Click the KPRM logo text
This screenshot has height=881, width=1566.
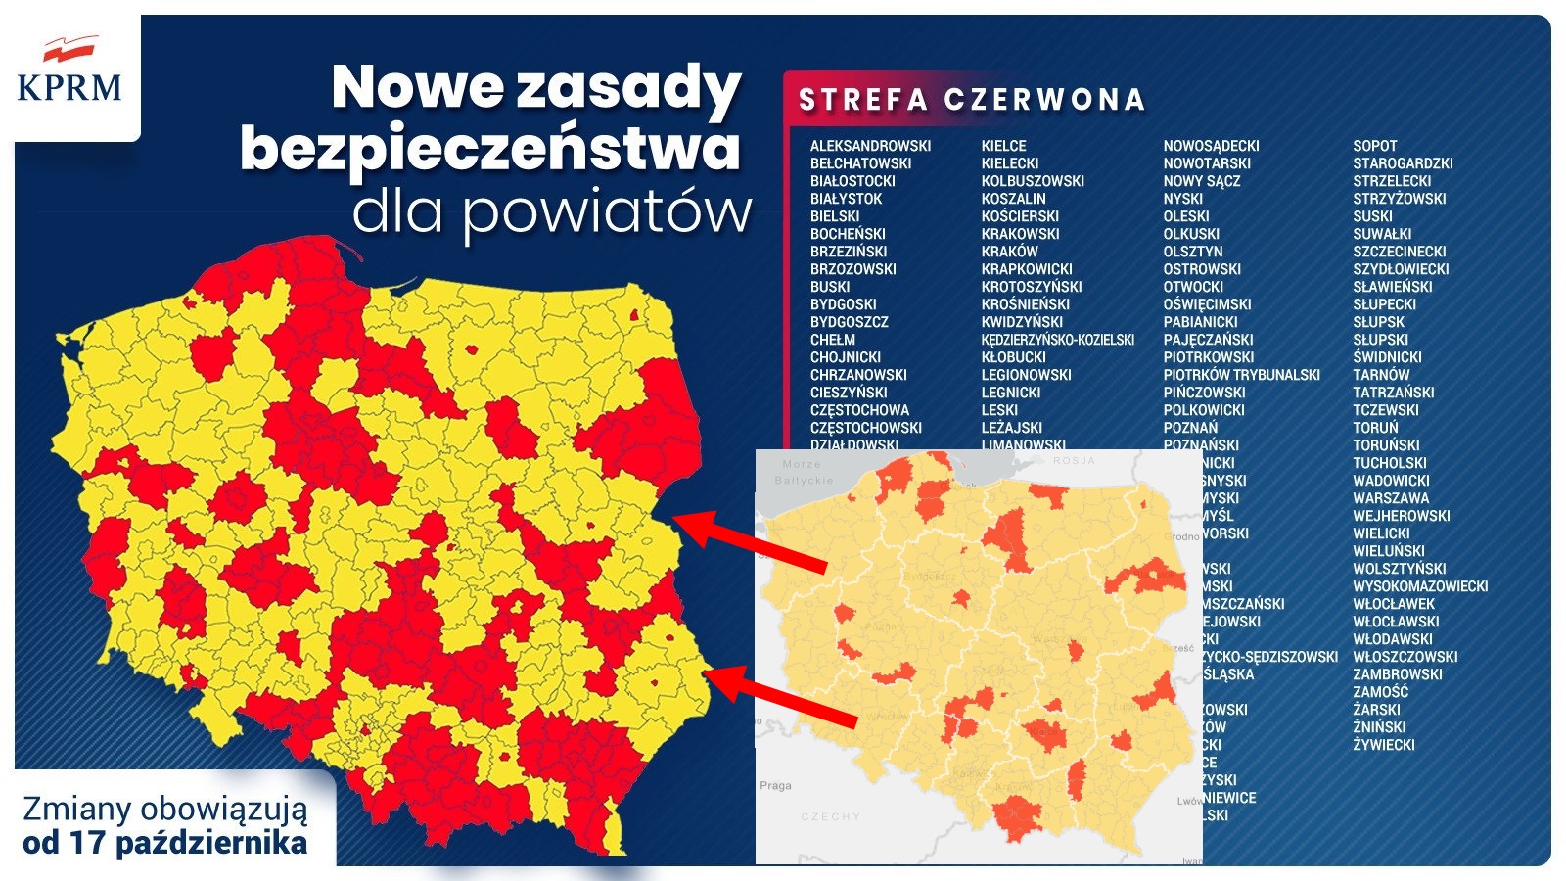coord(69,87)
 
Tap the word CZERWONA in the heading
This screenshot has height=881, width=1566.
coord(1044,100)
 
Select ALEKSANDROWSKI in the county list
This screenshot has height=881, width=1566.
coord(870,146)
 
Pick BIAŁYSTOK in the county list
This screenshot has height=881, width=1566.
coord(846,199)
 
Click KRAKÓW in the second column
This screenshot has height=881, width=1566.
coord(1009,252)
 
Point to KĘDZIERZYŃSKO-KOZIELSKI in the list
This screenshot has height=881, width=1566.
coord(1058,340)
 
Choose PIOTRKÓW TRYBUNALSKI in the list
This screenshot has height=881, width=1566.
coord(1241,375)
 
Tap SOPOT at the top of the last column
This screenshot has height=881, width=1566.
coord(1374,146)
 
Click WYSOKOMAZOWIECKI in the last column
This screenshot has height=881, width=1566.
coord(1420,586)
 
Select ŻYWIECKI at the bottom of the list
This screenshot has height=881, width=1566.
coord(1384,745)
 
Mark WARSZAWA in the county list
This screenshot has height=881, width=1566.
coord(1391,498)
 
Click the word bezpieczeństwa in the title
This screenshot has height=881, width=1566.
coord(489,149)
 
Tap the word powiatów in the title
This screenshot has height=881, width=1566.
coord(607,211)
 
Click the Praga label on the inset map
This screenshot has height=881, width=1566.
coord(775,785)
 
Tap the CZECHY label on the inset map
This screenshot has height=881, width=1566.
coord(830,816)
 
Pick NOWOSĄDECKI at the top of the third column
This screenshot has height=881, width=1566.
coord(1211,146)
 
